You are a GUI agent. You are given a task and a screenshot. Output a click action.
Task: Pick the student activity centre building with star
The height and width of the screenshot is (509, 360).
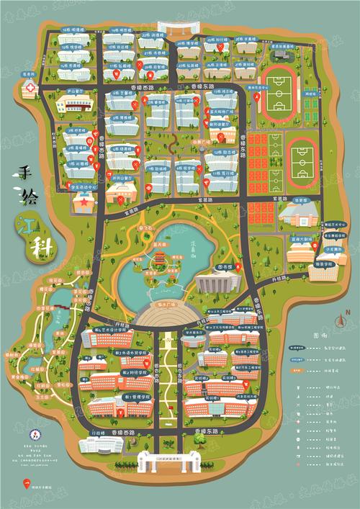(x=120, y=193)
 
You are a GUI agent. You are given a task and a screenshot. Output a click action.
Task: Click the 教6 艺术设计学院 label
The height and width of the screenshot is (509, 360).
(x=109, y=328)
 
